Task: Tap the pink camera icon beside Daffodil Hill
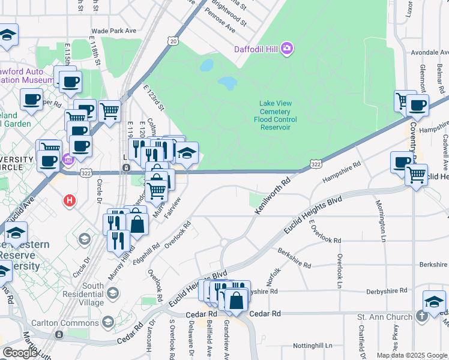coord(287,47)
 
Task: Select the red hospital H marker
coord(70,200)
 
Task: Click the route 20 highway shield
coord(173,41)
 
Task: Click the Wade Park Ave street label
coord(114,31)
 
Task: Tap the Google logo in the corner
coord(19,352)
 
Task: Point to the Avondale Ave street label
coord(429,52)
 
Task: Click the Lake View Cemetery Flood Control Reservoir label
coord(275,115)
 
